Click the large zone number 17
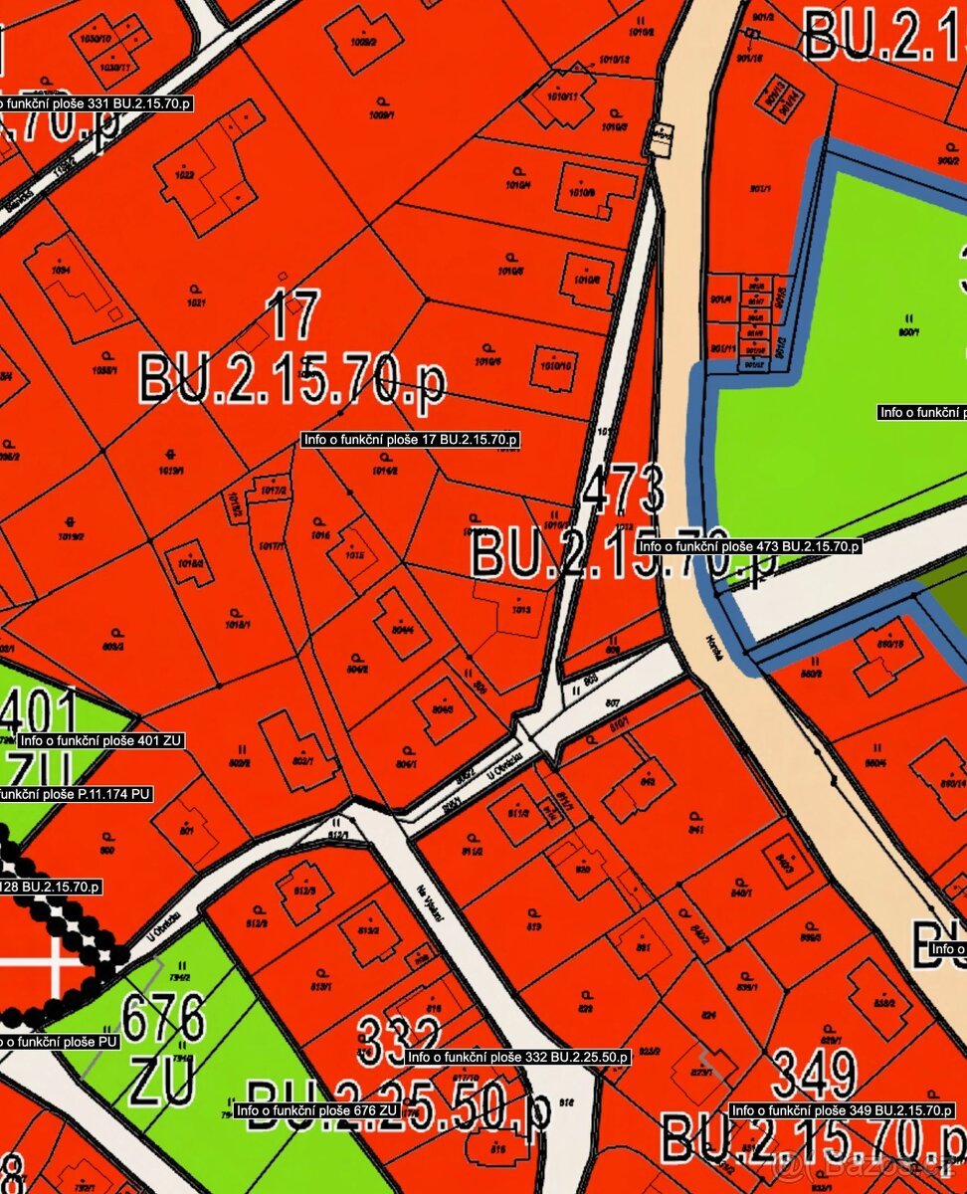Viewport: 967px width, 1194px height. click(x=292, y=315)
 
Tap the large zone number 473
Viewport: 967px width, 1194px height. click(x=623, y=491)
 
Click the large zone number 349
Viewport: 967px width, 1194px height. click(x=814, y=1076)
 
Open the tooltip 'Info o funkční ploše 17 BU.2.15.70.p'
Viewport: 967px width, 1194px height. click(x=411, y=439)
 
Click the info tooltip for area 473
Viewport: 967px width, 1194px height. click(x=749, y=546)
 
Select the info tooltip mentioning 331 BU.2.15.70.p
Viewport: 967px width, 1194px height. click(x=95, y=103)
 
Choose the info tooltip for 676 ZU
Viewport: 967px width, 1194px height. click(x=316, y=1110)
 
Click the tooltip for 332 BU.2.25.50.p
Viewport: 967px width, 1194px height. click(x=517, y=1057)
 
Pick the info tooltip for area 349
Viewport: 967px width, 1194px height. click(x=842, y=1110)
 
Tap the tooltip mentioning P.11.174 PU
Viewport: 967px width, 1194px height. click(x=76, y=794)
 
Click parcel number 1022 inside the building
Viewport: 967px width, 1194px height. click(x=183, y=174)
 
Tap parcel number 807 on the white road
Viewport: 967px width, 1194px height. click(x=612, y=702)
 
